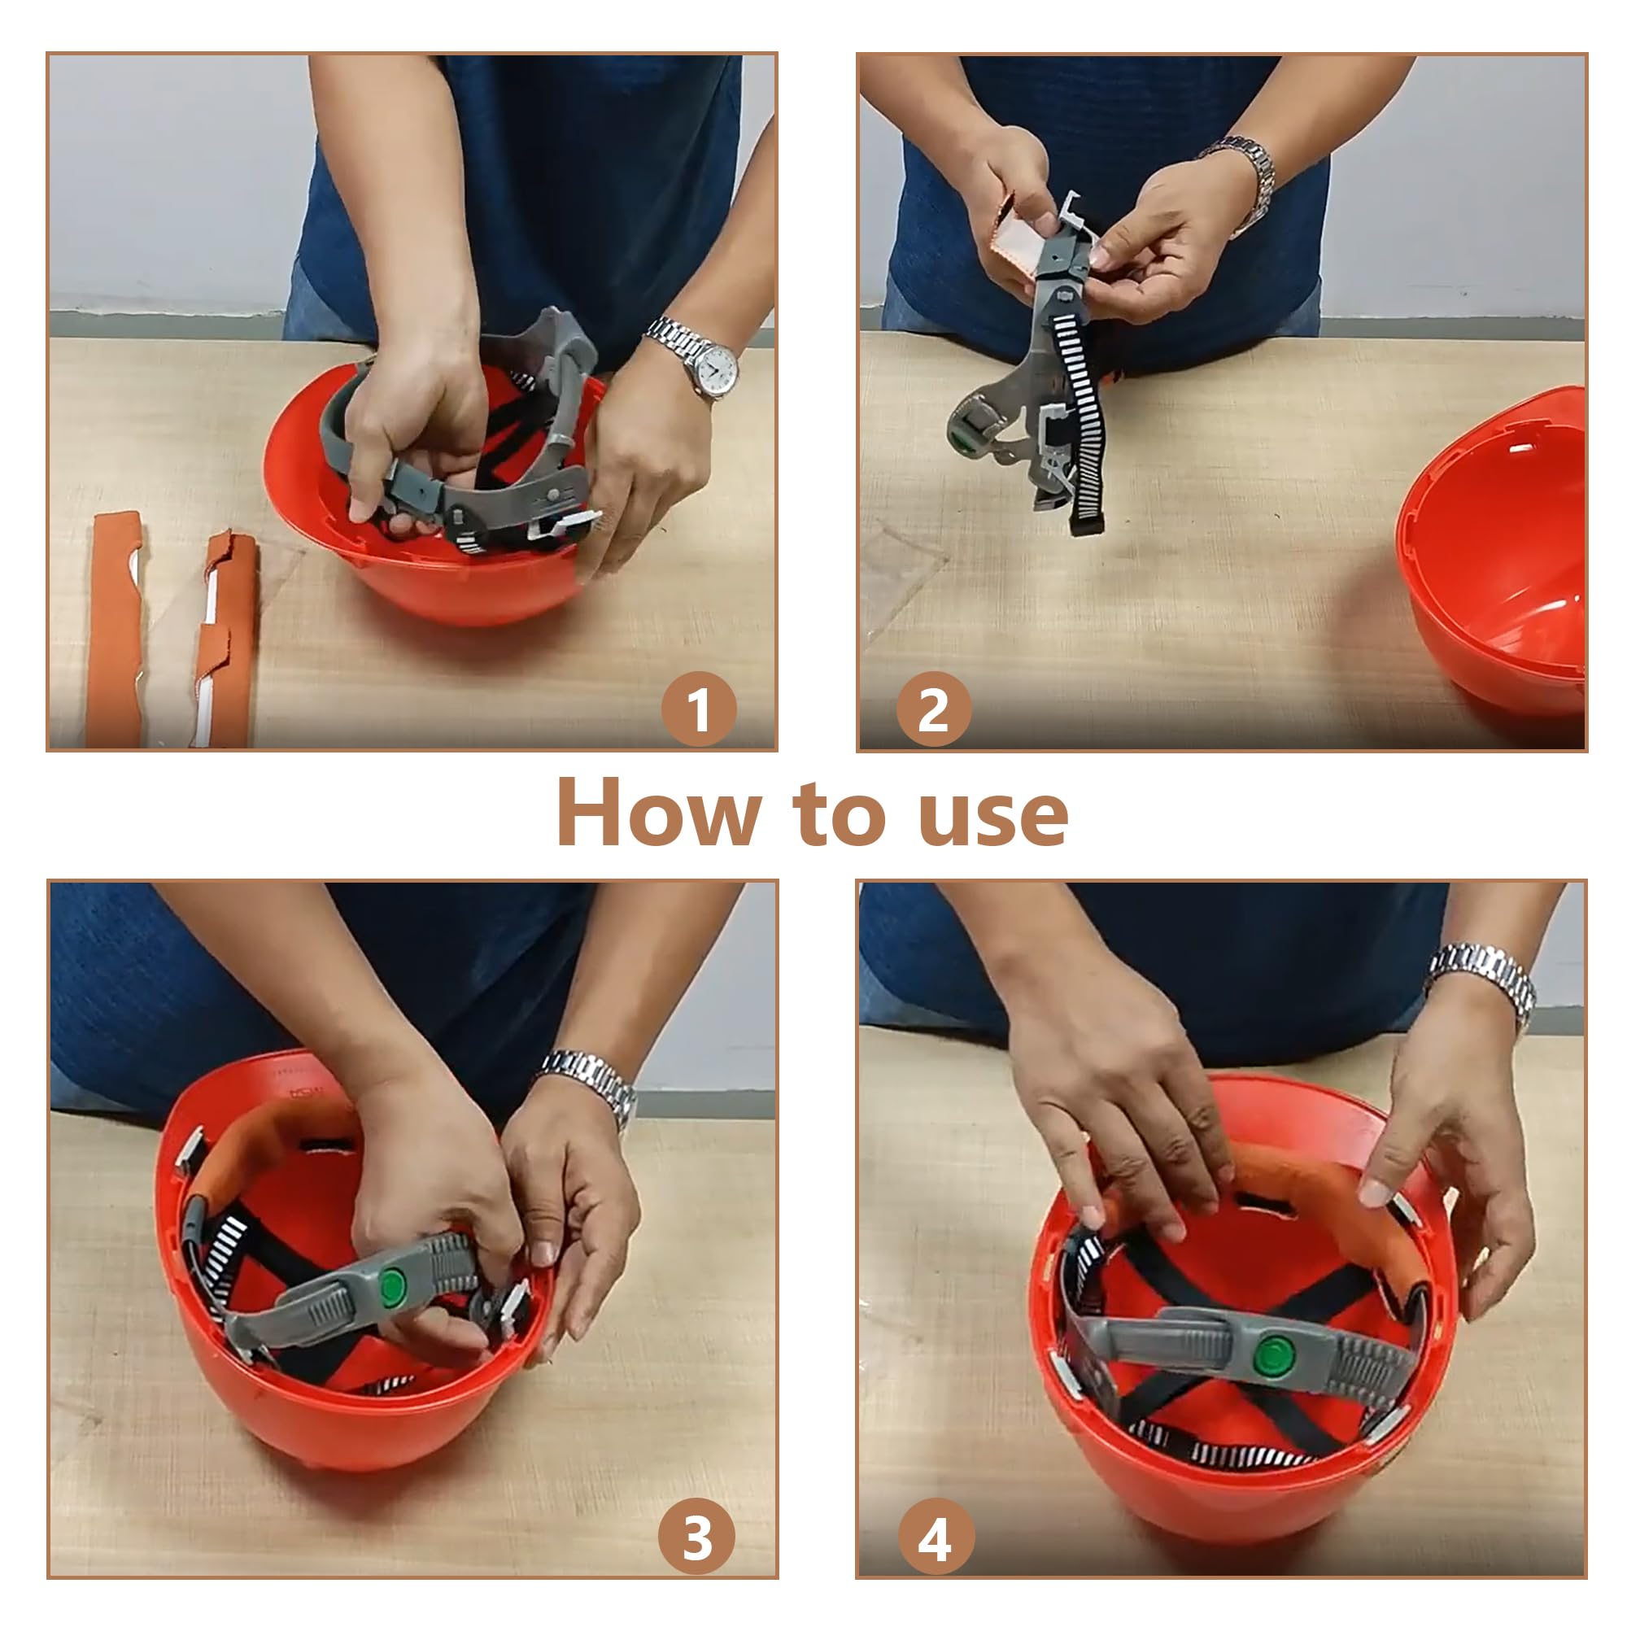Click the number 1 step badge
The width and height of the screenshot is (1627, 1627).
tap(698, 709)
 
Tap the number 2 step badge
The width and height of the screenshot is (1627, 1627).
tap(933, 709)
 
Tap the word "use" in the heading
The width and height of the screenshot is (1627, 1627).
tap(995, 819)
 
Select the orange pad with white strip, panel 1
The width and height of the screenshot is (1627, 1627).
tap(222, 640)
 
